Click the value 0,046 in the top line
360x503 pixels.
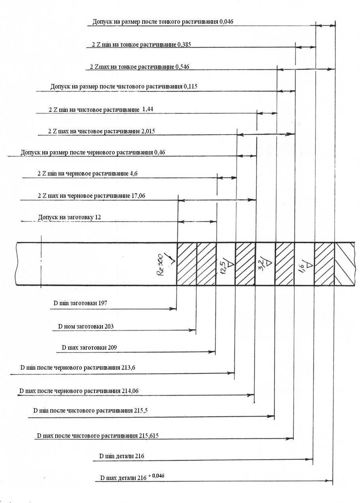226,21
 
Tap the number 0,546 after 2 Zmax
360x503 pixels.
182,67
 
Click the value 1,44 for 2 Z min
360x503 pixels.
147,109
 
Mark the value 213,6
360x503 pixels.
127,367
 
